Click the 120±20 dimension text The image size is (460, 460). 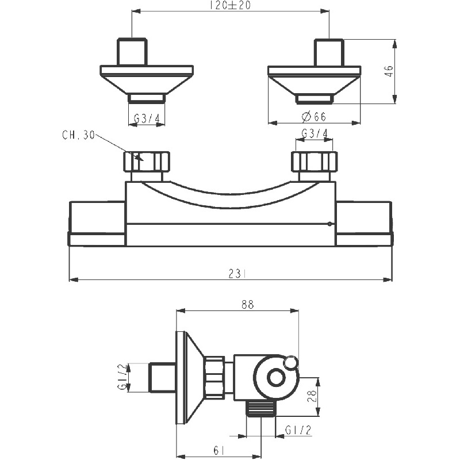(x=229, y=6)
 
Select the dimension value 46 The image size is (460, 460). (x=389, y=71)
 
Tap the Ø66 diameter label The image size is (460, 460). (x=313, y=117)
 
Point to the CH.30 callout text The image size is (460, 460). (x=78, y=136)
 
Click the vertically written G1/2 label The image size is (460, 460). (x=122, y=377)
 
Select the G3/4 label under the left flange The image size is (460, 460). (x=146, y=118)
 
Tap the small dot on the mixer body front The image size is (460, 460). (x=329, y=224)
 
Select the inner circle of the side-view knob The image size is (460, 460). (x=276, y=378)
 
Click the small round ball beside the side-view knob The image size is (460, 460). (x=292, y=362)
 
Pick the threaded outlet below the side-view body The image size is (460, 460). (x=261, y=408)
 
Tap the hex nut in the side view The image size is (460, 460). (x=214, y=377)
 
